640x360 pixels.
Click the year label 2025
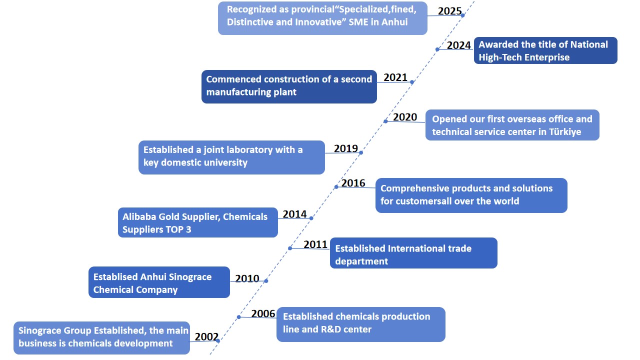pos(449,11)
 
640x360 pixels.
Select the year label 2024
pos(458,45)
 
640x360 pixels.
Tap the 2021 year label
pos(395,77)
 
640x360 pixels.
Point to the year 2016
pos(353,183)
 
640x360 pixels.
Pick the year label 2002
pos(206,337)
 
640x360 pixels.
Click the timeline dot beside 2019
pos(361,153)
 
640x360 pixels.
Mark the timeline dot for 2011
pos(290,248)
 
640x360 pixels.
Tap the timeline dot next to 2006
pos(239,317)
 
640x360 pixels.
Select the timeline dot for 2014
pos(311,218)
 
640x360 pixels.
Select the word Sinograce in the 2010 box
pos(190,277)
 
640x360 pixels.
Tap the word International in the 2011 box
pos(429,248)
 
